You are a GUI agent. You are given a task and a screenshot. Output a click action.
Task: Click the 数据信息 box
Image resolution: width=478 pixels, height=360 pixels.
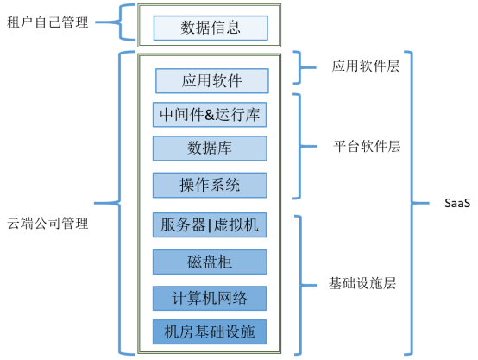coord(211,28)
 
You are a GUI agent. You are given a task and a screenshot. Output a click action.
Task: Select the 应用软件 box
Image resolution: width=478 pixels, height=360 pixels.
coord(211,81)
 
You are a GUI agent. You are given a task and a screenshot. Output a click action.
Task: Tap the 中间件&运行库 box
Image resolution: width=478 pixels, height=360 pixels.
coord(211,114)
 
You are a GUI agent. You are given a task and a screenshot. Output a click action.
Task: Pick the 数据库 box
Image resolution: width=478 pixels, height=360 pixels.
coord(211,148)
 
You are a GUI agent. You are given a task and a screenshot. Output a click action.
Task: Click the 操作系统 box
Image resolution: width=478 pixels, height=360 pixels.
coord(211,185)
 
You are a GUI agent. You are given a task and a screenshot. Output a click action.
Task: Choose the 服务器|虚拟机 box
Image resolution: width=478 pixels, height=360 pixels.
coord(211,224)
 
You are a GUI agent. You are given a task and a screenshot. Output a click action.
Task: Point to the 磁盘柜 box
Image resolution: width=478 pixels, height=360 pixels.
coord(211,262)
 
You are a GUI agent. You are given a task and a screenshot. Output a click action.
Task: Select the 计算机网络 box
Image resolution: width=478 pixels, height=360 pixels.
coord(211,298)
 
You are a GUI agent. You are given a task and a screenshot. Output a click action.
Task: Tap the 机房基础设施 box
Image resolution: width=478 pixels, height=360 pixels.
coord(211,331)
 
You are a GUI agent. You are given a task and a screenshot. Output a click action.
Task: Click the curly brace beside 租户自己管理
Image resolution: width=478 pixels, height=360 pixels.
coord(127,23)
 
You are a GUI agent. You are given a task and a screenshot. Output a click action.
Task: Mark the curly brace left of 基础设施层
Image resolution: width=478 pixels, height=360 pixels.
coord(301,282)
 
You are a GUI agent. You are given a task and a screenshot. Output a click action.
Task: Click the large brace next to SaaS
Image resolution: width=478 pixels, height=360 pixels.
coord(412,203)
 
